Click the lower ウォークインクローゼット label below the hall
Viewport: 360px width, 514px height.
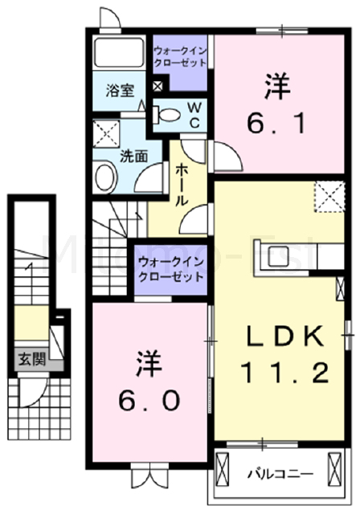tap(169, 268)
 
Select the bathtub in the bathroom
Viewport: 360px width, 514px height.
tap(118, 53)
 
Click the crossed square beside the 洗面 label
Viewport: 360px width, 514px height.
tap(105, 133)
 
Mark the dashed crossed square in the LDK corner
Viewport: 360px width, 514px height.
tap(326, 196)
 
